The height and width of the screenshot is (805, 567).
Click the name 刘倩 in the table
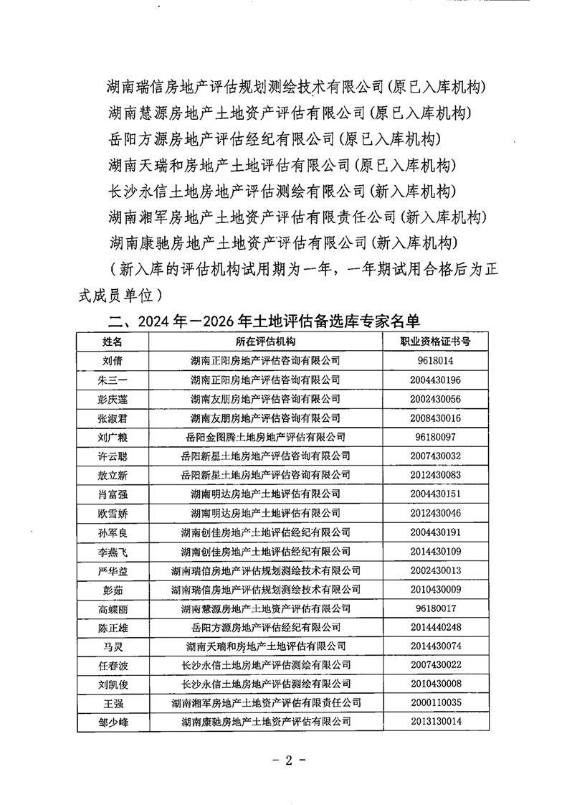click(113, 361)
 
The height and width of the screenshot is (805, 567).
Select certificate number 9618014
click(438, 361)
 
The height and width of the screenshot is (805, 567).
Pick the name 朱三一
click(113, 380)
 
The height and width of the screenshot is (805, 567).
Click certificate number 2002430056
click(438, 398)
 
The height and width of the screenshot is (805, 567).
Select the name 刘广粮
click(113, 436)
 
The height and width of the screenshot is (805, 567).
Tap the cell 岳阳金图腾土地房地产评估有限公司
click(265, 436)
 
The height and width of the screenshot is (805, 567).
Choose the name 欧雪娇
click(113, 513)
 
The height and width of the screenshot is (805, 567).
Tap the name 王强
click(113, 702)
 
